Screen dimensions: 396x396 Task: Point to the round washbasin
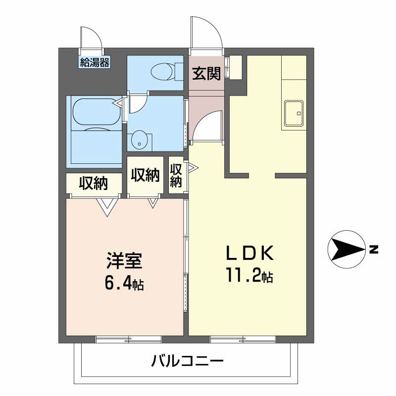(x=139, y=140)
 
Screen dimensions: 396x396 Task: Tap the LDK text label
(x=249, y=253)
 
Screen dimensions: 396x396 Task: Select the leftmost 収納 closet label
(x=94, y=183)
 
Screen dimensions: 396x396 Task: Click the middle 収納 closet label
(x=145, y=175)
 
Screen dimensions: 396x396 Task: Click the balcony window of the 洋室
(x=129, y=339)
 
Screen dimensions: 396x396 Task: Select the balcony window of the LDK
(x=243, y=339)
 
